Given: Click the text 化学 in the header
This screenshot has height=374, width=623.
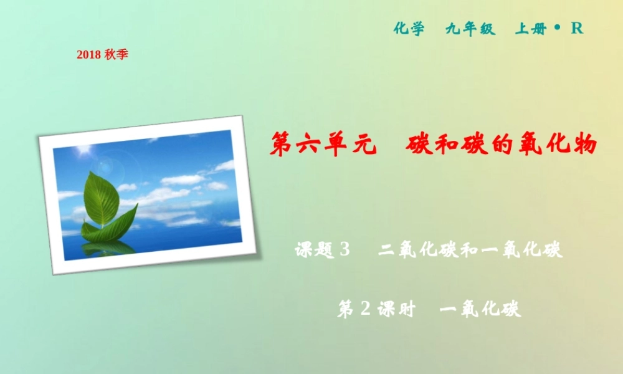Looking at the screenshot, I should [x=409, y=29].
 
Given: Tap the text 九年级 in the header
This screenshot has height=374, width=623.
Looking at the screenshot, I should [x=470, y=29].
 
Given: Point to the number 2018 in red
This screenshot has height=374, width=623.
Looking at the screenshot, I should [x=88, y=55].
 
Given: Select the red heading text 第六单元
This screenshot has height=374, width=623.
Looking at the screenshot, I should [x=324, y=145].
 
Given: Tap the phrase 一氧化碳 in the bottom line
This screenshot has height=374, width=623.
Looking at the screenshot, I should [x=480, y=309].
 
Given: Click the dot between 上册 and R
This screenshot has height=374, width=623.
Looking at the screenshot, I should [x=558, y=27].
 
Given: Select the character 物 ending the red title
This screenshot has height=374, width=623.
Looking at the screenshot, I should [x=583, y=145].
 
